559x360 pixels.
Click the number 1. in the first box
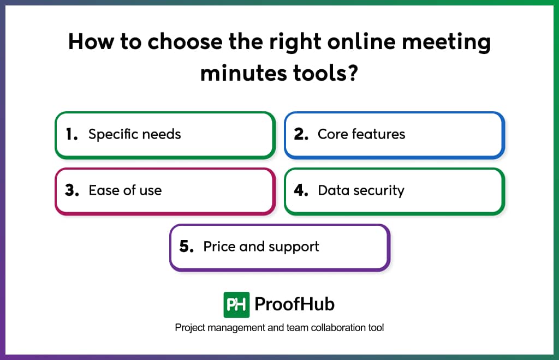[x=72, y=134]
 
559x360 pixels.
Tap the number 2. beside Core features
[x=301, y=134]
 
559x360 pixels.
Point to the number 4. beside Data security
[x=301, y=190]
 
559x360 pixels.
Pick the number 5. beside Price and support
[x=187, y=247]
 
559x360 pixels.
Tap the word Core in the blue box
[x=332, y=134]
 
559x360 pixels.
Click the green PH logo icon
[x=236, y=304]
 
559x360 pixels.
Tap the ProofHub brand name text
[x=295, y=304]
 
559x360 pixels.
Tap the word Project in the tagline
[x=189, y=328]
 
